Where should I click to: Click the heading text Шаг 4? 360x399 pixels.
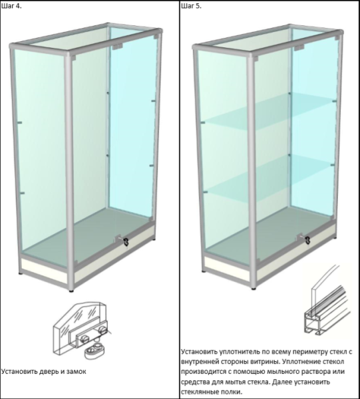coord(11,6)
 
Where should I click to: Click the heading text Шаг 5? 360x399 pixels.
coord(191,6)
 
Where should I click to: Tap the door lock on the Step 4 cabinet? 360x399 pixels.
coord(126,241)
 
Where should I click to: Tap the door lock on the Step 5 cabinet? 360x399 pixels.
coord(307,240)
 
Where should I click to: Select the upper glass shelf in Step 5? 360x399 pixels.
coord(269,111)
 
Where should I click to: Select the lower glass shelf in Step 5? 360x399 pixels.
coord(269,176)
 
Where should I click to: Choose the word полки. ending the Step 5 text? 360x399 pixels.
coord(232,392)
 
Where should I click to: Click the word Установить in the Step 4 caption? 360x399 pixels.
coord(19,372)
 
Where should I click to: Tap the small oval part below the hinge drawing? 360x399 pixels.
coord(94,351)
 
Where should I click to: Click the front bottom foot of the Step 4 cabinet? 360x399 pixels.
coord(72,289)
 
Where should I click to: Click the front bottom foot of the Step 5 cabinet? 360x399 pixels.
coord(254,289)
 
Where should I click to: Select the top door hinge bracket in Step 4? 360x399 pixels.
coord(117,47)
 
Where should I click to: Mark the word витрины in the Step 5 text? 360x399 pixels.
coord(266,362)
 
